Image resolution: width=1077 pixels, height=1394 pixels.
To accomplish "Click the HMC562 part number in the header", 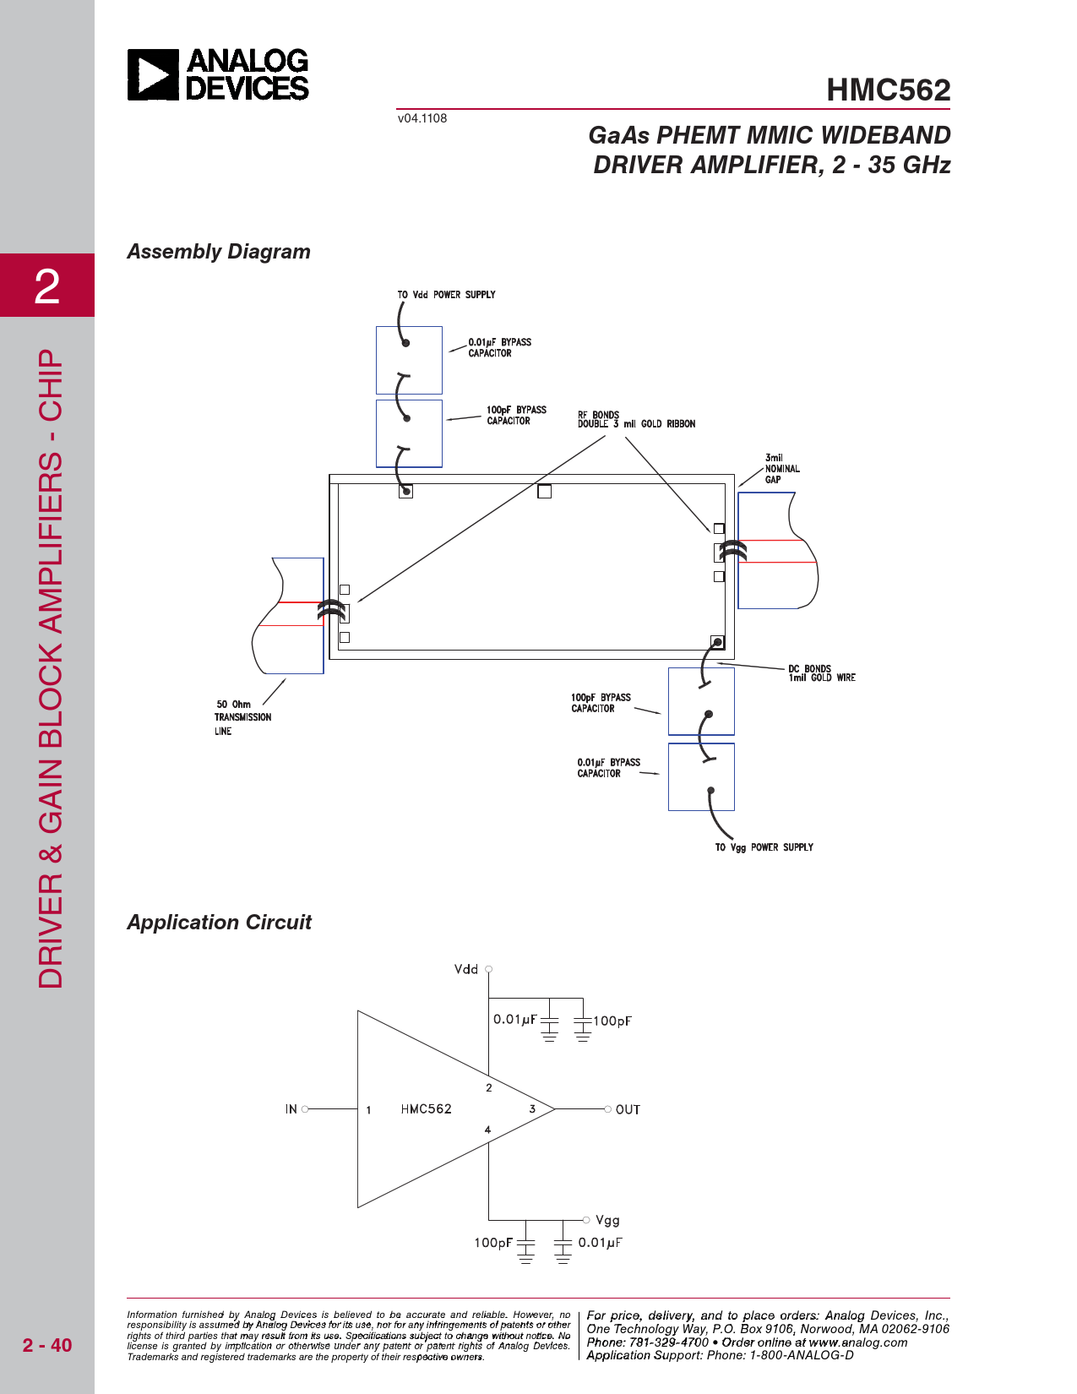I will pyautogui.click(x=888, y=90).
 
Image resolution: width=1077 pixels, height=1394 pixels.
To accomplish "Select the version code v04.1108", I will pyautogui.click(x=422, y=118).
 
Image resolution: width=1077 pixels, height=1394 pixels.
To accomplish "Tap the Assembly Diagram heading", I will pyautogui.click(x=219, y=252).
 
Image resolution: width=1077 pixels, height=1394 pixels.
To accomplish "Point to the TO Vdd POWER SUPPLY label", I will pyautogui.click(x=446, y=295).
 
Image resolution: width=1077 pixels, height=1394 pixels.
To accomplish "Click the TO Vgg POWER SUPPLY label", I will pyautogui.click(x=764, y=847).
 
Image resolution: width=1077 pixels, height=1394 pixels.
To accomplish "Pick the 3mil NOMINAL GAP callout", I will pyautogui.click(x=782, y=469).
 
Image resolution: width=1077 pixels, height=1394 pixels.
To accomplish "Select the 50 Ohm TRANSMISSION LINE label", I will pyautogui.click(x=242, y=717).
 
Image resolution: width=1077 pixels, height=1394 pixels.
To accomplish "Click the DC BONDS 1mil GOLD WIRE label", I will pyautogui.click(x=821, y=673).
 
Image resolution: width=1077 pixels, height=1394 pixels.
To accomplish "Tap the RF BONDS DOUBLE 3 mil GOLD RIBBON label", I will pyautogui.click(x=636, y=420).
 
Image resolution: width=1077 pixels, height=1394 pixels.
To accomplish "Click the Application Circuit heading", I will pyautogui.click(x=220, y=923).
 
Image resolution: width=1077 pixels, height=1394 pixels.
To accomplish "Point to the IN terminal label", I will pyautogui.click(x=291, y=1109).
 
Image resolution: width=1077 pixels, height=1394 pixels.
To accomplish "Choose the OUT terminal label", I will pyautogui.click(x=628, y=1109).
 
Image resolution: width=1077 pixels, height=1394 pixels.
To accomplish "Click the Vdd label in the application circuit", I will pyautogui.click(x=466, y=969).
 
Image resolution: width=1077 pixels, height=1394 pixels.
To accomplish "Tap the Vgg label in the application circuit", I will pyautogui.click(x=607, y=1220).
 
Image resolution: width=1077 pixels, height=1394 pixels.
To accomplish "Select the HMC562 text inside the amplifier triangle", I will pyautogui.click(x=426, y=1109).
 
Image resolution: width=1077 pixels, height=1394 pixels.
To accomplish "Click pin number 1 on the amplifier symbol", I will pyautogui.click(x=369, y=1110).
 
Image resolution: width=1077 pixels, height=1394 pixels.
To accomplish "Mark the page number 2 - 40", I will pyautogui.click(x=47, y=1345).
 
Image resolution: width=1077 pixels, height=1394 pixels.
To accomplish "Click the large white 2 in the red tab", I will pyautogui.click(x=47, y=286).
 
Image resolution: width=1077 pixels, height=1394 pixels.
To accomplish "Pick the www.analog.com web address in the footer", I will pyautogui.click(x=857, y=1342).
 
